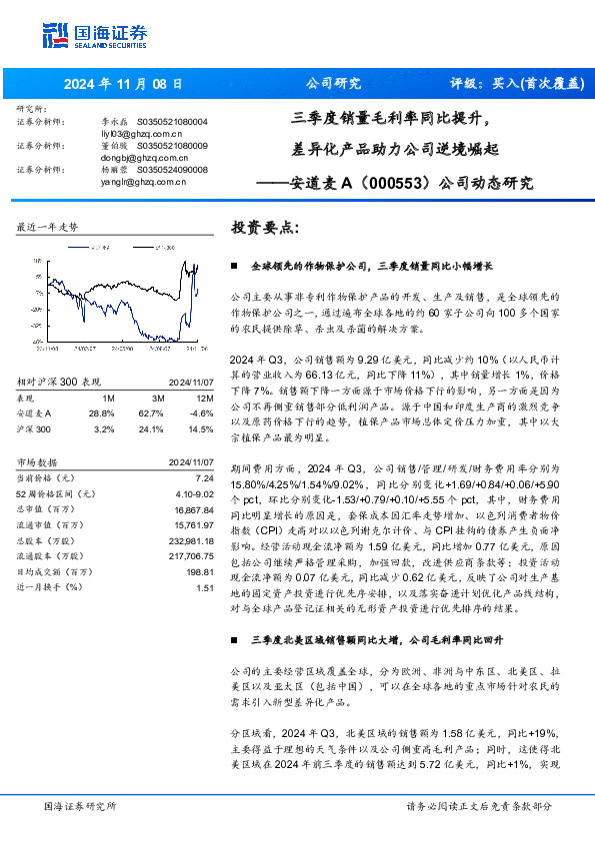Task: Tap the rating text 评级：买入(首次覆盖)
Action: [517, 84]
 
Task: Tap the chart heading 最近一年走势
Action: [47, 228]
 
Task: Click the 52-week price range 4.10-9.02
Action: [197, 492]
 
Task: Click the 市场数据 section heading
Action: [38, 462]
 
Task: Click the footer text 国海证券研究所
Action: [80, 806]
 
